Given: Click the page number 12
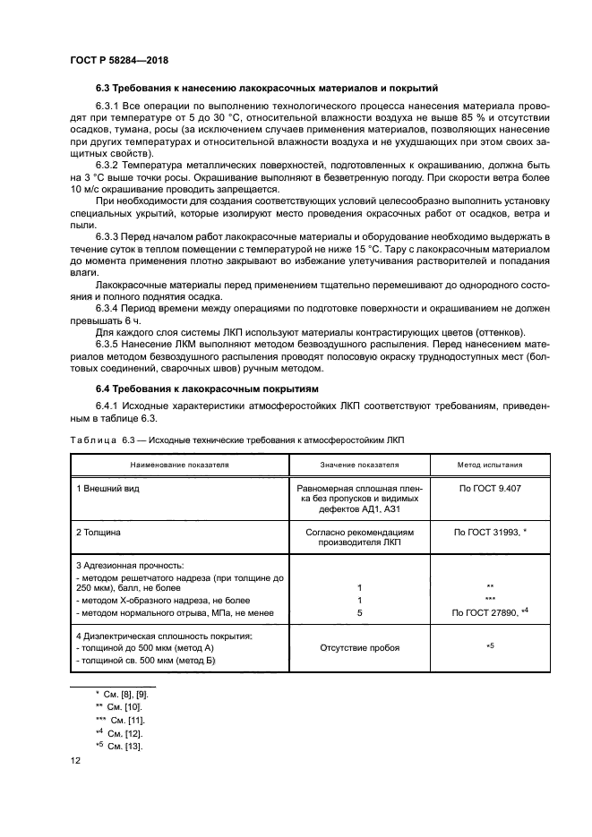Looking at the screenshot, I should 76,760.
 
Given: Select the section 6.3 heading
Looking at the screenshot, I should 266,88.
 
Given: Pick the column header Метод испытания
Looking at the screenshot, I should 490,465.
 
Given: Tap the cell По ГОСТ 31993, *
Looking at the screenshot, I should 490,532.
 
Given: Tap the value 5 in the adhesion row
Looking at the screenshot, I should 358,612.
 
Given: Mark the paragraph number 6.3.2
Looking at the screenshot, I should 110,167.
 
